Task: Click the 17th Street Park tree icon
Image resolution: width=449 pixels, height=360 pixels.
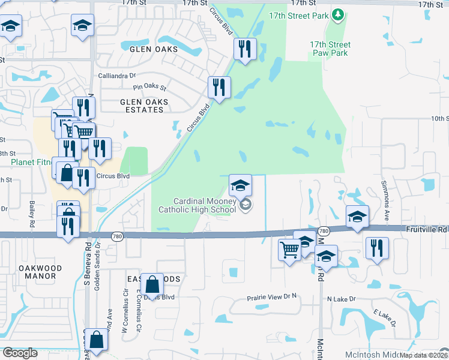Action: click(x=337, y=14)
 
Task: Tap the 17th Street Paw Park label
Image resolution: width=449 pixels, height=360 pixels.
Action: click(x=330, y=49)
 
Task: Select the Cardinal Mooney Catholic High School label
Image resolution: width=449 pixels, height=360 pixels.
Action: click(x=197, y=206)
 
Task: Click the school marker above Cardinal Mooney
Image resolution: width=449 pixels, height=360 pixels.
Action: click(x=240, y=185)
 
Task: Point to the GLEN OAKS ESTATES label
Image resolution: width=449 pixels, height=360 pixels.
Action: click(x=144, y=106)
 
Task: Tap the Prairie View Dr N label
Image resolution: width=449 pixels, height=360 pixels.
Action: click(x=273, y=298)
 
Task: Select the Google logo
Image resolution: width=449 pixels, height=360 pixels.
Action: click(x=20, y=353)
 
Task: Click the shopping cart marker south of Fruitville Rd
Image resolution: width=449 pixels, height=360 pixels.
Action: click(x=289, y=248)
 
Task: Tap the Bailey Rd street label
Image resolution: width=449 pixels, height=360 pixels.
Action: click(x=32, y=210)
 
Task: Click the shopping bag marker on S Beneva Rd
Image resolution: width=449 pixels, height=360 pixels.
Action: click(x=96, y=339)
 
